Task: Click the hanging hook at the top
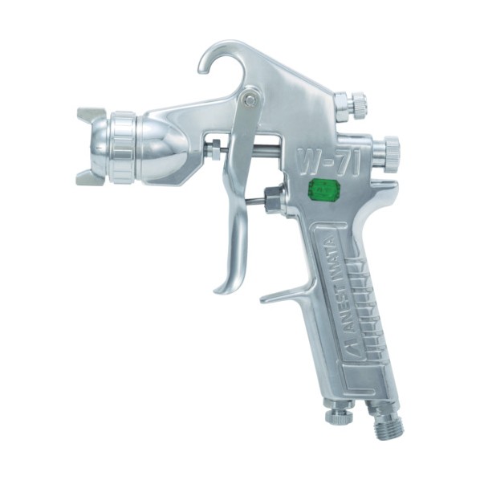[214, 55]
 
